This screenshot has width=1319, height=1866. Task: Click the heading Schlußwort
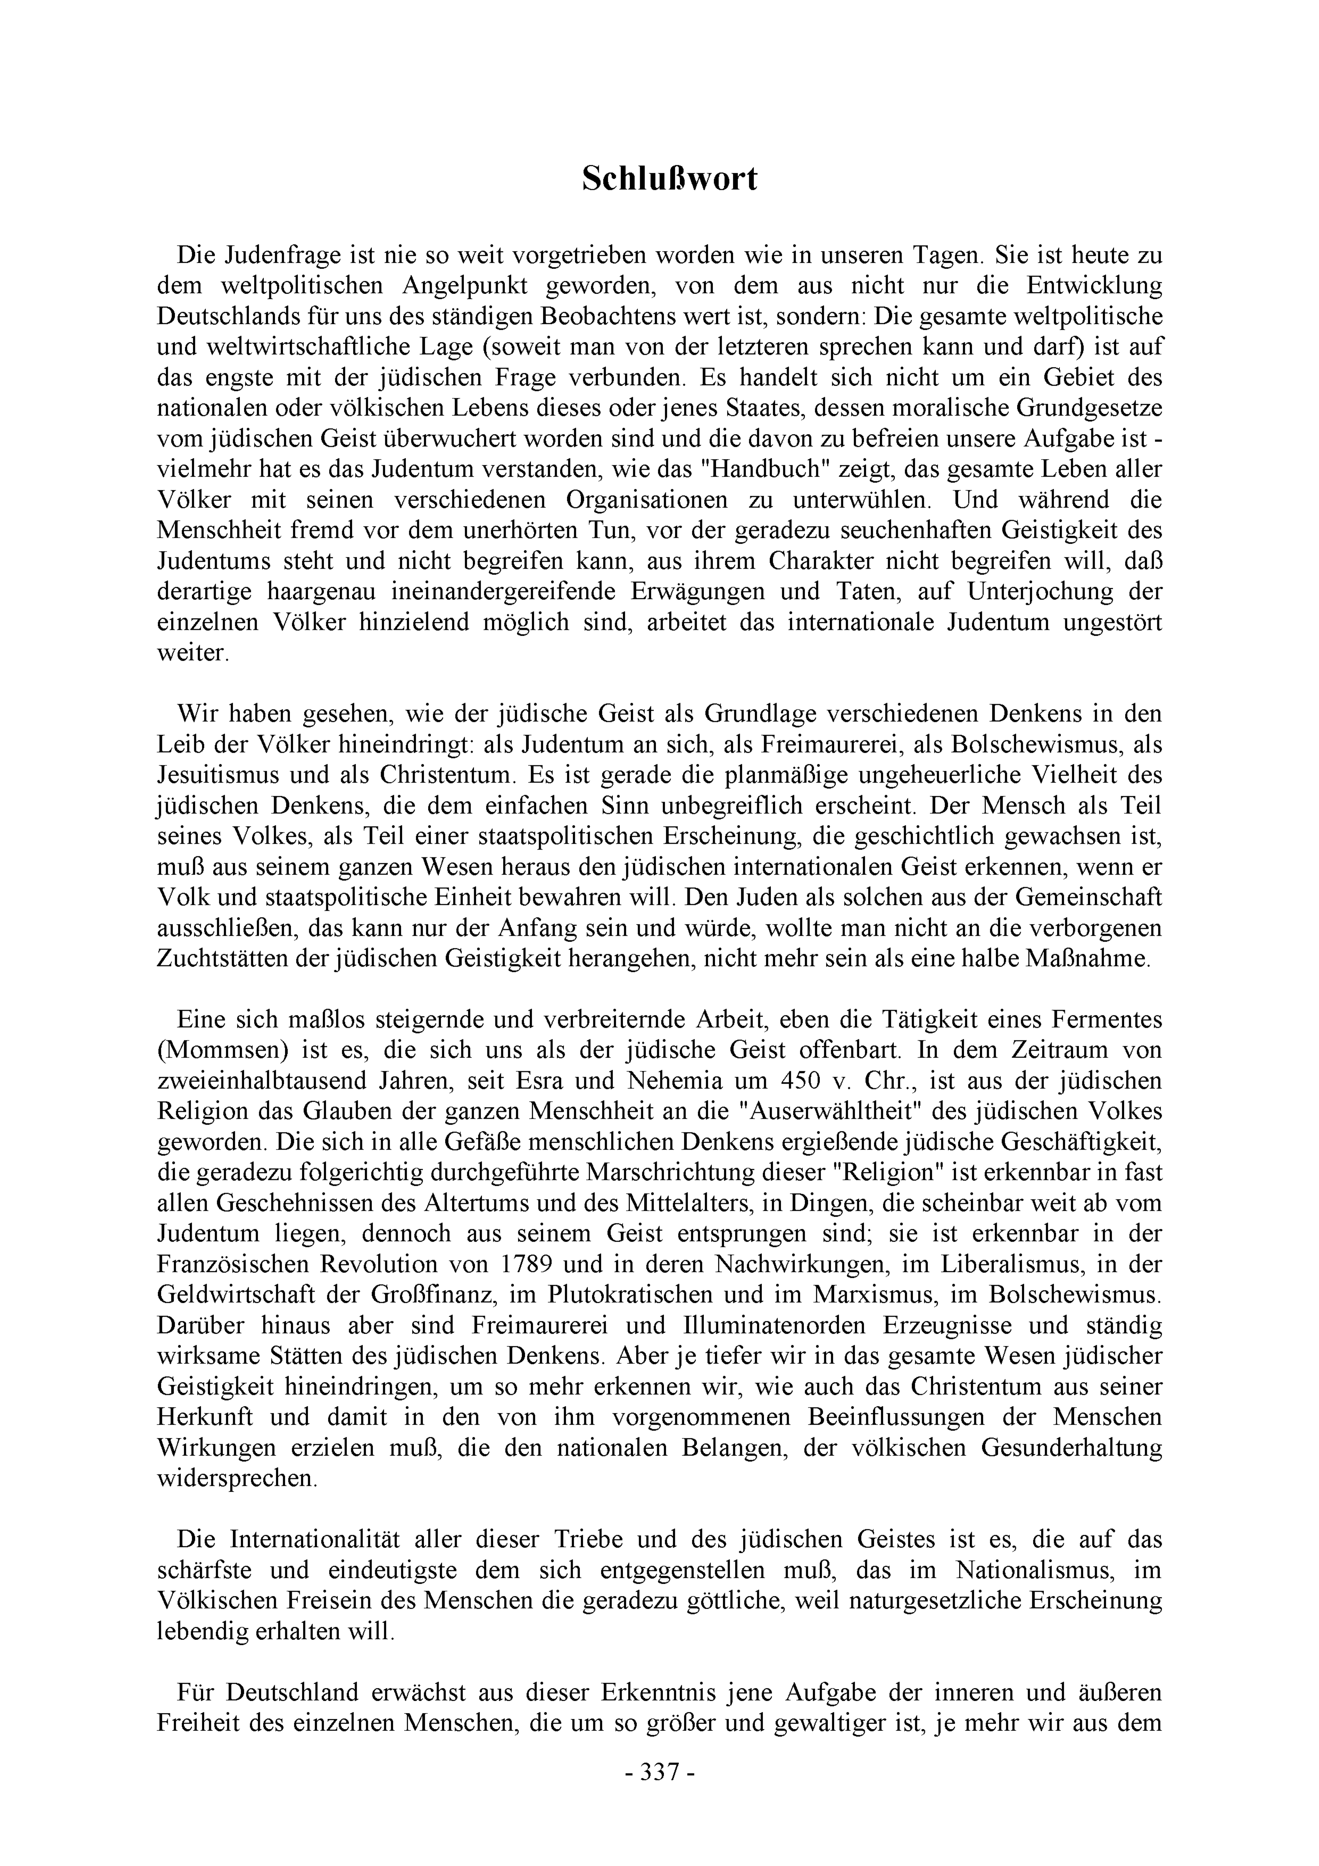[x=669, y=179]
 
